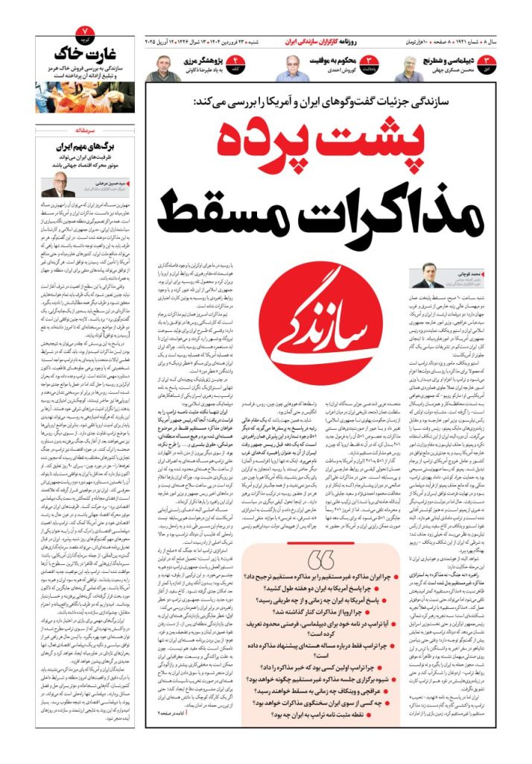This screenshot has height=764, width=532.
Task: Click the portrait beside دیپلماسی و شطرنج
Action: (408, 69)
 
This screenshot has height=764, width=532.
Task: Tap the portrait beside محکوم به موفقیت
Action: (292, 69)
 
